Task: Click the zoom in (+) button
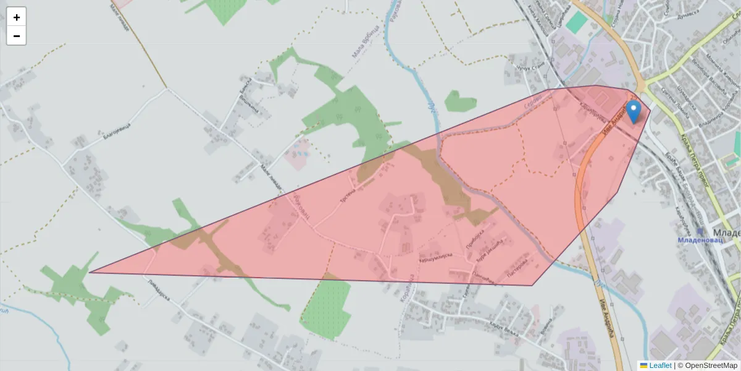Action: pos(17,17)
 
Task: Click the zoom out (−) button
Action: pos(17,36)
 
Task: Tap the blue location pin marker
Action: pos(633,111)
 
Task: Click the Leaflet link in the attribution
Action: pos(659,365)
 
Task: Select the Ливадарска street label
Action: pos(160,291)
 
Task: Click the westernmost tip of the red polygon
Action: pos(90,272)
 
